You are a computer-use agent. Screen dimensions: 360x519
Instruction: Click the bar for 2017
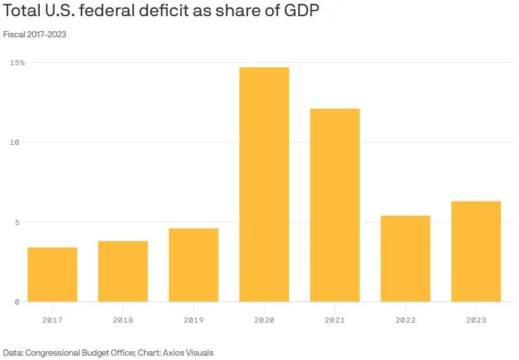[x=52, y=275]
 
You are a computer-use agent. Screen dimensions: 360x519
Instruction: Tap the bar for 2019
[x=193, y=265]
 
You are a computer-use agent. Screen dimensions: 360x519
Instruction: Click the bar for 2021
[x=335, y=205]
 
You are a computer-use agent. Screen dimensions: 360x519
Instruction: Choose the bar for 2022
[x=405, y=259]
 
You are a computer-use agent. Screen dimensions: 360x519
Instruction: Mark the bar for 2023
[x=476, y=252]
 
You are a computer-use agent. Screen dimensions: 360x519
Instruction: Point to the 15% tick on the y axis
[x=17, y=63]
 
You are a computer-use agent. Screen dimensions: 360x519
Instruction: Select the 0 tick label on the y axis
[x=17, y=302]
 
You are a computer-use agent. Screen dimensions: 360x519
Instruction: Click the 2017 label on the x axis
[x=52, y=320]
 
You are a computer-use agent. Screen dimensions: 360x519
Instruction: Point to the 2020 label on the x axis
[x=264, y=320]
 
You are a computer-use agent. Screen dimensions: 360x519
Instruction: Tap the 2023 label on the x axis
[x=476, y=320]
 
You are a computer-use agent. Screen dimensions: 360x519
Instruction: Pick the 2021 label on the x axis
[x=335, y=320]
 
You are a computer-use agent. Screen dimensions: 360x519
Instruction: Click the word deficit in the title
[x=168, y=12]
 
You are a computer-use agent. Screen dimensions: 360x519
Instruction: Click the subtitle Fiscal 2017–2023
[x=35, y=35]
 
